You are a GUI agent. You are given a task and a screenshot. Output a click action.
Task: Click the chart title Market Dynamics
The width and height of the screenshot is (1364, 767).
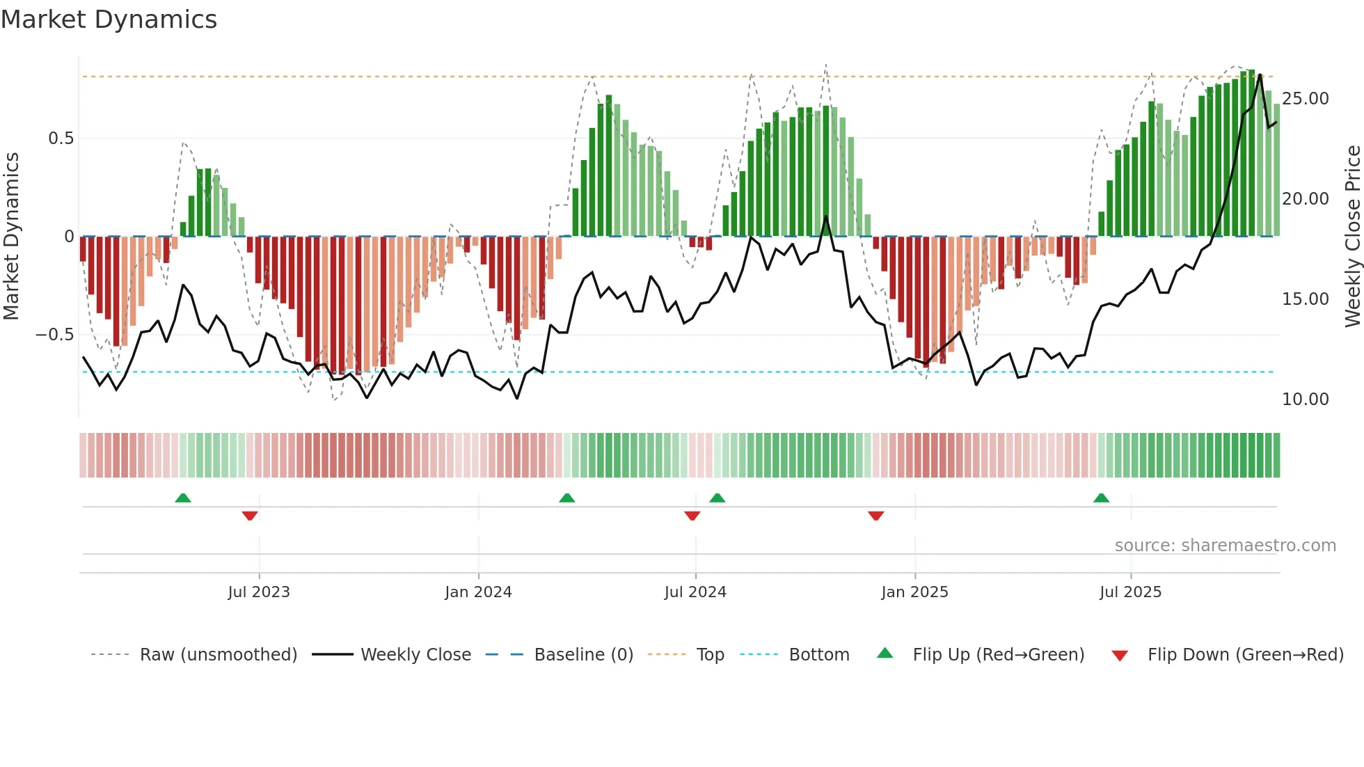(109, 19)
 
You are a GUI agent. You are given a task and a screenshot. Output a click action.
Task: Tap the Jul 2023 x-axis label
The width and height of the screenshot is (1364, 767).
(259, 592)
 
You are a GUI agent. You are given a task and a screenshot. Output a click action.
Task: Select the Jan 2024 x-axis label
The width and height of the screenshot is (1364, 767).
(478, 592)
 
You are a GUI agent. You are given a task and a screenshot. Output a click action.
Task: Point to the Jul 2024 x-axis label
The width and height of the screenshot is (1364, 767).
(695, 592)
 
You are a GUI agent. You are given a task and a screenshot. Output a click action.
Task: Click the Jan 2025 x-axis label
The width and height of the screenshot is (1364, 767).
(914, 592)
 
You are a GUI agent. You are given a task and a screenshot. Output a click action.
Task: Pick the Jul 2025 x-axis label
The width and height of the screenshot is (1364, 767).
(1131, 592)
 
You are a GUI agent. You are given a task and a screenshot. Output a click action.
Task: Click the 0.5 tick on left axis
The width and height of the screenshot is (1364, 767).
(61, 139)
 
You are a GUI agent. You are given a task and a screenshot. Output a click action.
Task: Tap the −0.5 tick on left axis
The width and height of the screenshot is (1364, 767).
(55, 335)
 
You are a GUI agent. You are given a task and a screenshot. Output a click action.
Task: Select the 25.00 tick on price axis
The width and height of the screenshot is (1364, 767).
(1306, 99)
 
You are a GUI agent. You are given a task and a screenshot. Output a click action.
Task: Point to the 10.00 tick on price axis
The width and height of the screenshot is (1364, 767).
(1306, 400)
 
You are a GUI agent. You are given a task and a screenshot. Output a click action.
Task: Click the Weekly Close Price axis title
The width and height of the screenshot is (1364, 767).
(1352, 237)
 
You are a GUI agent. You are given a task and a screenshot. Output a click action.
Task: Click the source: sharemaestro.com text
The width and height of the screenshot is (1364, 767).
(1225, 546)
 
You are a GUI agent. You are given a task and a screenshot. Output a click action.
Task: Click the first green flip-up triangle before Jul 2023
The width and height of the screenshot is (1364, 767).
(183, 498)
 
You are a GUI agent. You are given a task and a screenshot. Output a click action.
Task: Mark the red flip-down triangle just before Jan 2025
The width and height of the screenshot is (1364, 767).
(876, 516)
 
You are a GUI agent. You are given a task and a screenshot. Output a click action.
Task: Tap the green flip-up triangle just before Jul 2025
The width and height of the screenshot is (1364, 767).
(1101, 498)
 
